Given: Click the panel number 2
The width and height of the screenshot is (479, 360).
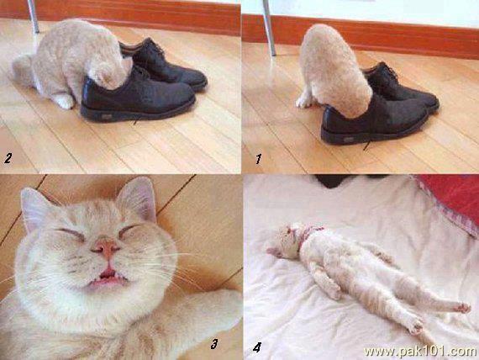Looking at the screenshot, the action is click(8, 158).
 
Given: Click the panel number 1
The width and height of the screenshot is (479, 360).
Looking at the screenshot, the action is click(259, 159).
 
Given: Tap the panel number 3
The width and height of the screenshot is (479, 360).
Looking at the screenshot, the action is click(214, 344).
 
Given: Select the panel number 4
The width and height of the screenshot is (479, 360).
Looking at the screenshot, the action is click(257, 347).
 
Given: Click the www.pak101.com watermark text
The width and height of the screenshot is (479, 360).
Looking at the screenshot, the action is click(421, 352).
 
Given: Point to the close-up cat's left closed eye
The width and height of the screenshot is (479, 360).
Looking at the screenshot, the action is click(71, 234).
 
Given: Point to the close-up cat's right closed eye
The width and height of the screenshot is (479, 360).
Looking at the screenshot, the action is click(129, 231).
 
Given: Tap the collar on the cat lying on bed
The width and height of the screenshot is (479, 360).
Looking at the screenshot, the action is click(308, 236).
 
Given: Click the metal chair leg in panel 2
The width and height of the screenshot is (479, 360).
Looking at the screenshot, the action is click(33, 16).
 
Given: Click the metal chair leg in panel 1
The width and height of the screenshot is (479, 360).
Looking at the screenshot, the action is click(269, 28).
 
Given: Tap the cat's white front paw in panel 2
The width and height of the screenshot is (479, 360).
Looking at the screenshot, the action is click(64, 101).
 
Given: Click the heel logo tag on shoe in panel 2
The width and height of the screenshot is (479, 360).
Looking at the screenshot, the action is click(107, 116).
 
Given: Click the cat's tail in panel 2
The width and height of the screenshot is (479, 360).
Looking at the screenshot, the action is click(21, 70).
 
